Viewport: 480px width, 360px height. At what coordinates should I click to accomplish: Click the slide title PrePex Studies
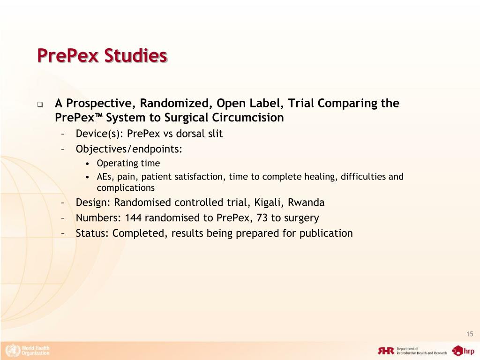click(102, 56)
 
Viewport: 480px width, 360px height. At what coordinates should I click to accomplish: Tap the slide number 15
click(470, 334)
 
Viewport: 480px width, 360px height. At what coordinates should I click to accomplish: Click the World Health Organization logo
click(27, 350)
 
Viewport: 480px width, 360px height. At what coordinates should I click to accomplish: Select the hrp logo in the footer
click(463, 350)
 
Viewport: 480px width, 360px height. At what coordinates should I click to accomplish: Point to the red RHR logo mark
click(386, 351)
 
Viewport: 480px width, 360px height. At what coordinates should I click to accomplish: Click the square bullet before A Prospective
click(40, 104)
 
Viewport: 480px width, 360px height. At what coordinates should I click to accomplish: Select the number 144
click(134, 217)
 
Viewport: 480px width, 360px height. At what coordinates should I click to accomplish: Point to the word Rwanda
click(306, 202)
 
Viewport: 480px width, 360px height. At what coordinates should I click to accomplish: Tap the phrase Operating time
click(128, 163)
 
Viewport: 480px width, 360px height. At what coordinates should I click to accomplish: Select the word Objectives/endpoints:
click(129, 149)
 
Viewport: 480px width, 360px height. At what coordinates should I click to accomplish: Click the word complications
click(125, 188)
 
